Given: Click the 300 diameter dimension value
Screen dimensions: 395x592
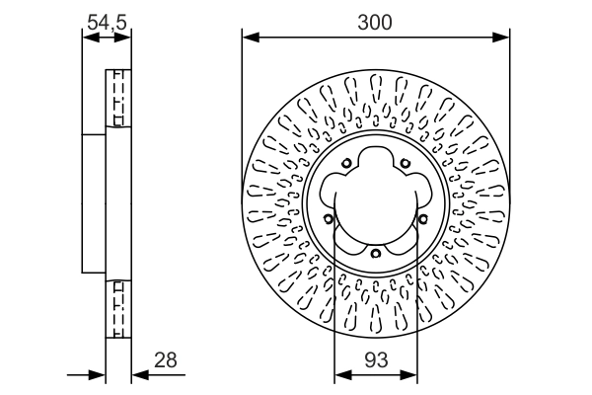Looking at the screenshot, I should click(x=376, y=22).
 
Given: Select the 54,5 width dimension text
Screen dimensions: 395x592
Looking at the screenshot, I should click(x=106, y=19).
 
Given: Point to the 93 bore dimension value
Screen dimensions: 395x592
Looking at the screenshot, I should click(x=376, y=360).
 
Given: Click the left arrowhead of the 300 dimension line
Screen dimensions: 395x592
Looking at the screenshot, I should click(x=249, y=38).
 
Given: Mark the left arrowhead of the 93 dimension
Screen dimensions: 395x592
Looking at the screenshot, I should click(x=341, y=374).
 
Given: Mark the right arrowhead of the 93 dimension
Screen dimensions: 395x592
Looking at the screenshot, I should click(x=410, y=374).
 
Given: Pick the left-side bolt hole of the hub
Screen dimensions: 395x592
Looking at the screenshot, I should click(x=329, y=219).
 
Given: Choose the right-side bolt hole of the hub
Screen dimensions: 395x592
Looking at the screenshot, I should click(x=422, y=219).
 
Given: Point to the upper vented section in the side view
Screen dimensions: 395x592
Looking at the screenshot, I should click(x=118, y=98).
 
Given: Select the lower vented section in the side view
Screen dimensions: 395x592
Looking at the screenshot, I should click(x=118, y=309).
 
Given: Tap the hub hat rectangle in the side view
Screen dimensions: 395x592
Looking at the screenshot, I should click(x=94, y=202).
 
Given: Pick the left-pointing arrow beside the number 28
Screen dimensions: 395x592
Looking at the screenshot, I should click(x=139, y=374).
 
